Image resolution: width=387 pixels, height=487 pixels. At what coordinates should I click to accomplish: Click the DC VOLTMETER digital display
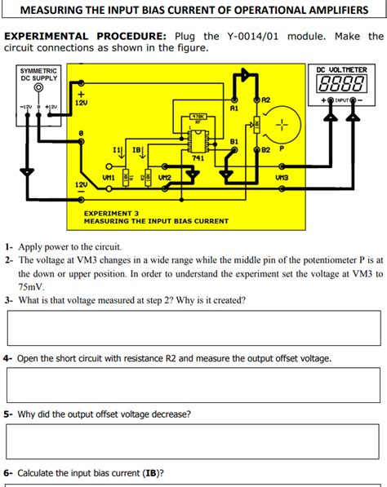pos(340,86)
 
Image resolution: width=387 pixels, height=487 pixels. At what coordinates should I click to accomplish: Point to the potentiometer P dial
pos(282,125)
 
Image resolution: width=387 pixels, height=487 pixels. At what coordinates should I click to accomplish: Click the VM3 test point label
pos(282,176)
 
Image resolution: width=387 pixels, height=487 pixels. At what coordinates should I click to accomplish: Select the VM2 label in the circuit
pos(164,177)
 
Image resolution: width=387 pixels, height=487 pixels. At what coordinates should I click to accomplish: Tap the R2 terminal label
pos(265,99)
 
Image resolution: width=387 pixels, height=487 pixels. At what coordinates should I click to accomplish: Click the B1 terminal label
pos(234,141)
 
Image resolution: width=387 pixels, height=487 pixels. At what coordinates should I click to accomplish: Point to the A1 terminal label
pos(234,107)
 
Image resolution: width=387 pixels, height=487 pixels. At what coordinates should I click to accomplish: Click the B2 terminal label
pos(266,150)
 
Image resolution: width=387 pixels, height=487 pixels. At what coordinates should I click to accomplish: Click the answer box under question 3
pos(193,328)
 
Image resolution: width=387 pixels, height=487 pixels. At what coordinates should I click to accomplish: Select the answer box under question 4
pos(193,385)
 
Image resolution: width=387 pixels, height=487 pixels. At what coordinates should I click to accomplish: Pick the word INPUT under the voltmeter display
pos(340,100)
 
